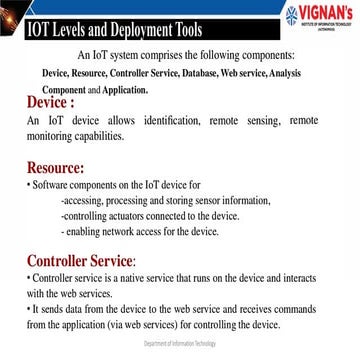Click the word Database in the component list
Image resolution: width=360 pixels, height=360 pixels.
(x=215, y=74)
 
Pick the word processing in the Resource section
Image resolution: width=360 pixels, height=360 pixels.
(x=129, y=201)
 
